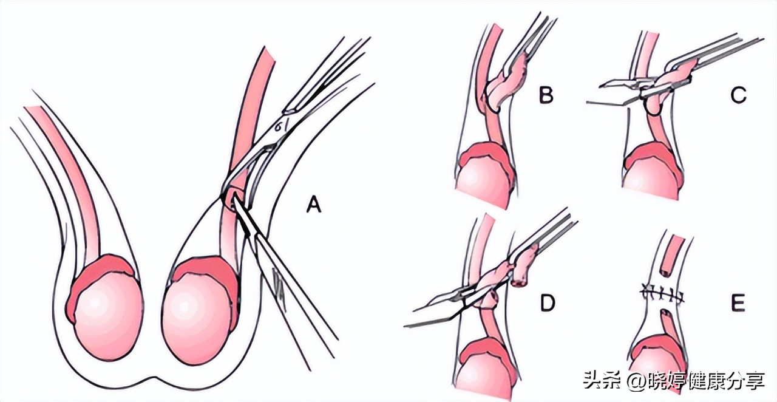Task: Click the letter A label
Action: (313, 206)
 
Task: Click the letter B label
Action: (546, 95)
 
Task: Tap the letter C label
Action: (738, 95)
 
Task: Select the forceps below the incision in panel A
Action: (285, 273)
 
